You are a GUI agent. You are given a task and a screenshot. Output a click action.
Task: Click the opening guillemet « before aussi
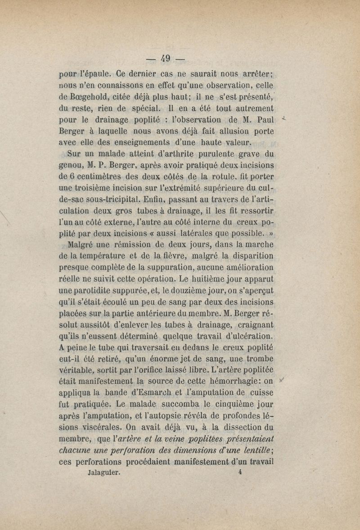(168, 234)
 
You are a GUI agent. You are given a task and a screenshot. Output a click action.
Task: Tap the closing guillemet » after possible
(271, 234)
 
